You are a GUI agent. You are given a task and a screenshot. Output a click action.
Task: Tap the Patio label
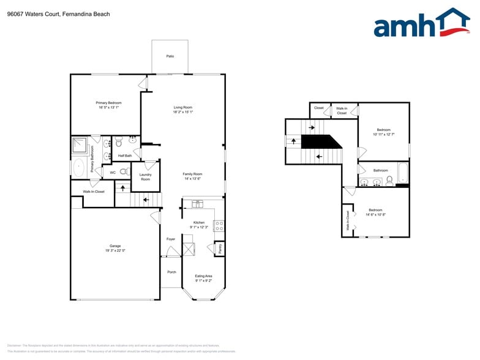click(x=170, y=56)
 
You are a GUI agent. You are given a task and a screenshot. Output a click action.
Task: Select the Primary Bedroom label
click(x=108, y=103)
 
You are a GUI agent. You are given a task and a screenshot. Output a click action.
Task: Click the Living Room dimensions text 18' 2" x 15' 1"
click(x=183, y=112)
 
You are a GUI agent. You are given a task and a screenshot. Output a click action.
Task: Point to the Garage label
click(x=115, y=246)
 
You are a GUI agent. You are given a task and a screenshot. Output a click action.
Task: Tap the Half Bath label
click(x=125, y=156)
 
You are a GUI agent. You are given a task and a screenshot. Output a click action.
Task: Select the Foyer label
click(x=171, y=239)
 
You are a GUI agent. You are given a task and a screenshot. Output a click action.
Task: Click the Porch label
click(x=171, y=272)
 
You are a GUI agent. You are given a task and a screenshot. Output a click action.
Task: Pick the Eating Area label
click(x=203, y=276)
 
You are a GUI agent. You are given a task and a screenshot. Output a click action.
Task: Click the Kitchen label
click(x=199, y=222)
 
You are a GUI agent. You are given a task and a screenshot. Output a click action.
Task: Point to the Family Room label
click(x=192, y=174)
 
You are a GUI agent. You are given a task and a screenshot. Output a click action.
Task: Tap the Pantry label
click(x=220, y=249)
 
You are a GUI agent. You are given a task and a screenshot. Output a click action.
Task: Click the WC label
click(x=113, y=173)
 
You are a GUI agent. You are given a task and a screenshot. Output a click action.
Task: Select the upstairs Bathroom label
click(x=381, y=170)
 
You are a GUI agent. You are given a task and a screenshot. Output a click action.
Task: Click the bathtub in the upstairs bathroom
click(x=402, y=173)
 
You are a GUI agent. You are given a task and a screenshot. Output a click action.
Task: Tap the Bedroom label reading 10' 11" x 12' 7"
click(x=383, y=130)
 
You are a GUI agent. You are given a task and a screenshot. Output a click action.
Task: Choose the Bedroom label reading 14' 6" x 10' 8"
click(x=375, y=209)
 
